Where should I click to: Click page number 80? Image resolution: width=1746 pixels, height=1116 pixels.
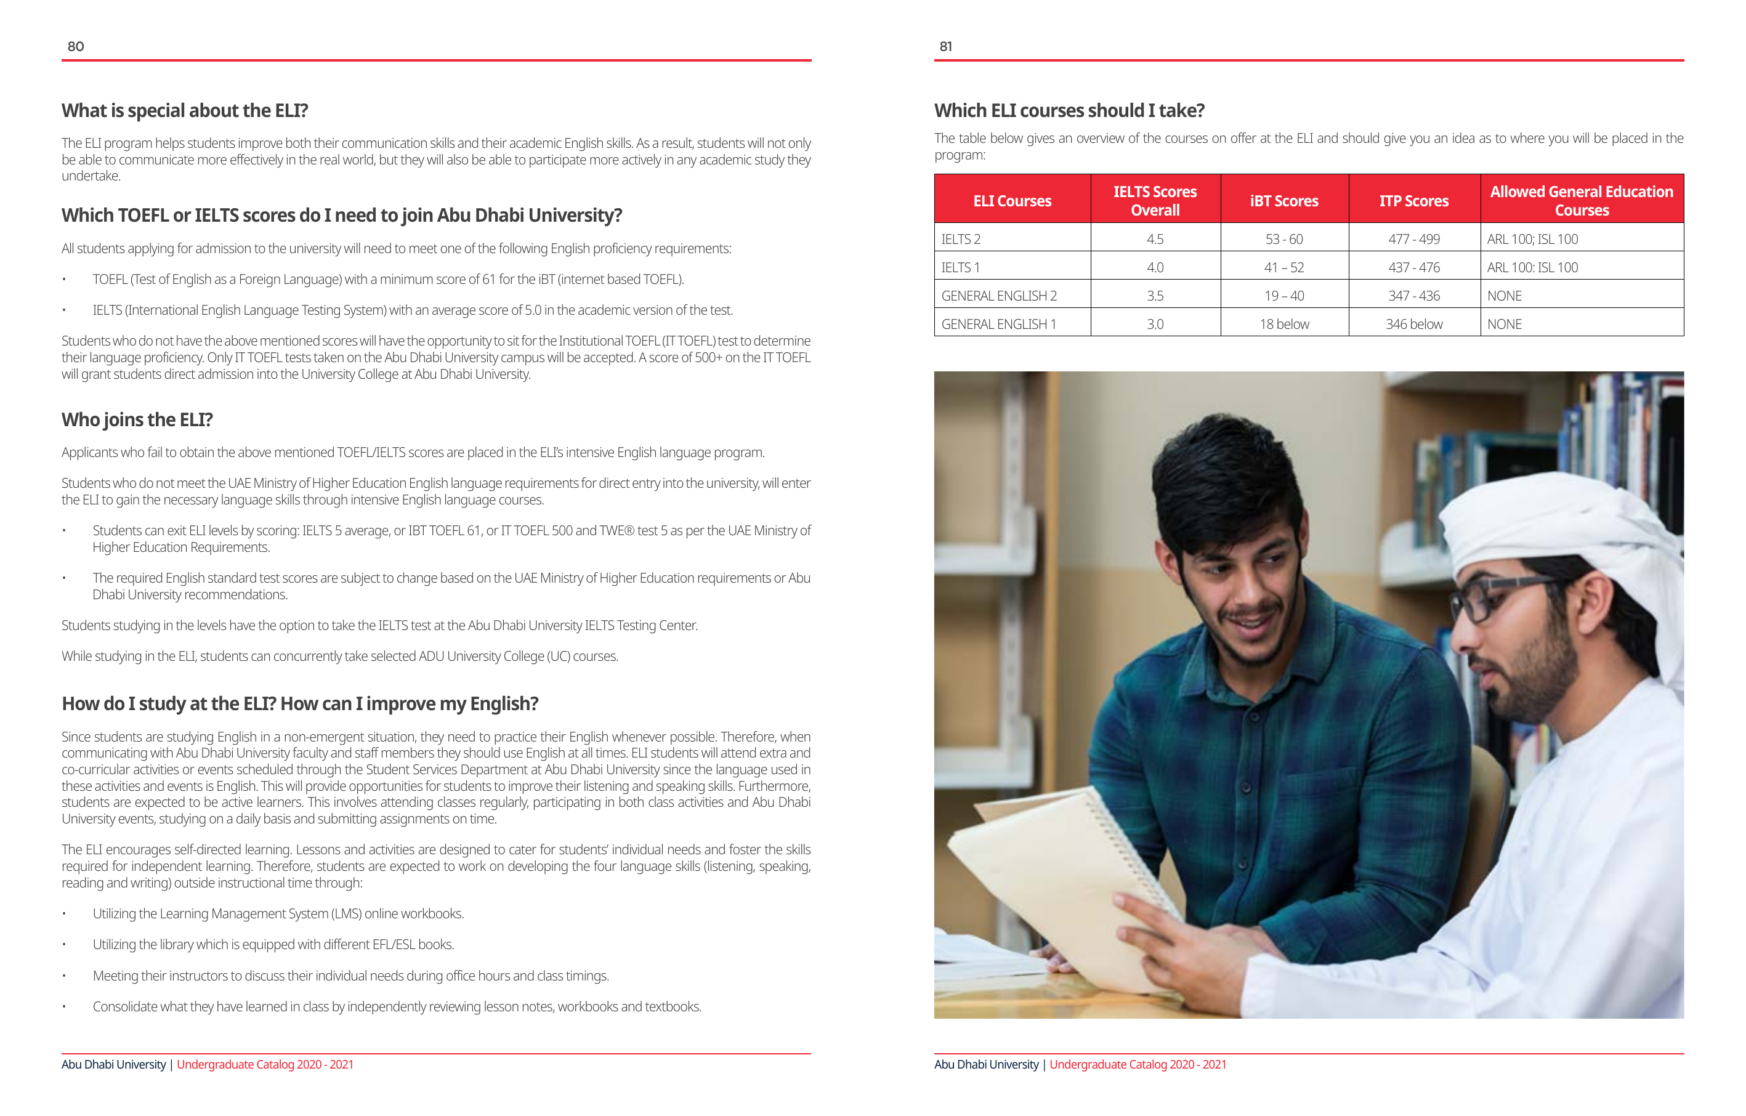[75, 46]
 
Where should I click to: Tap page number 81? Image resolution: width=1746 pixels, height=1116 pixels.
[945, 46]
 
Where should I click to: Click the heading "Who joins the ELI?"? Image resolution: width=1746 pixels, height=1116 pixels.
[137, 420]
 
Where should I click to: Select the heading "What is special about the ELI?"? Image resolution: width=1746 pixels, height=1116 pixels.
[185, 110]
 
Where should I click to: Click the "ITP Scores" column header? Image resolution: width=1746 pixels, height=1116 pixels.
[1413, 201]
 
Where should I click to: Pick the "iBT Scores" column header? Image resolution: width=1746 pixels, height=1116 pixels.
[1283, 201]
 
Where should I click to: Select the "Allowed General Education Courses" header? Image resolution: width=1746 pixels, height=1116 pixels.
[1581, 201]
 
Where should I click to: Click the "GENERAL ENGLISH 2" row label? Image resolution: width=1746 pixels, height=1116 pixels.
[998, 296]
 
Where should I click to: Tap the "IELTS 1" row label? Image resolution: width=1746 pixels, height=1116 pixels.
[960, 267]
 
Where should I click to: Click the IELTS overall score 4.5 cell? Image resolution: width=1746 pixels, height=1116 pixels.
[1154, 240]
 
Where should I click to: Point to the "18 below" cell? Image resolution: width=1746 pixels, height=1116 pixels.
[1283, 324]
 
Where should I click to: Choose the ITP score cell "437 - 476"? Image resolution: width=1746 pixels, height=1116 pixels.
[1413, 267]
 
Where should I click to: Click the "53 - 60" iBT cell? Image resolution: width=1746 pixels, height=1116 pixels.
[1283, 240]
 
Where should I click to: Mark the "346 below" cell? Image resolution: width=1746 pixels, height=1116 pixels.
[1413, 324]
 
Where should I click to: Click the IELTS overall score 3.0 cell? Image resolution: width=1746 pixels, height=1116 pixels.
[1154, 324]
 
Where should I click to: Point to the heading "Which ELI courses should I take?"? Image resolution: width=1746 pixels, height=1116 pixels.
[1069, 110]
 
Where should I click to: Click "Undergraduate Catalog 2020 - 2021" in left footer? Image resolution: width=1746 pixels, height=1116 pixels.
[265, 1064]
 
